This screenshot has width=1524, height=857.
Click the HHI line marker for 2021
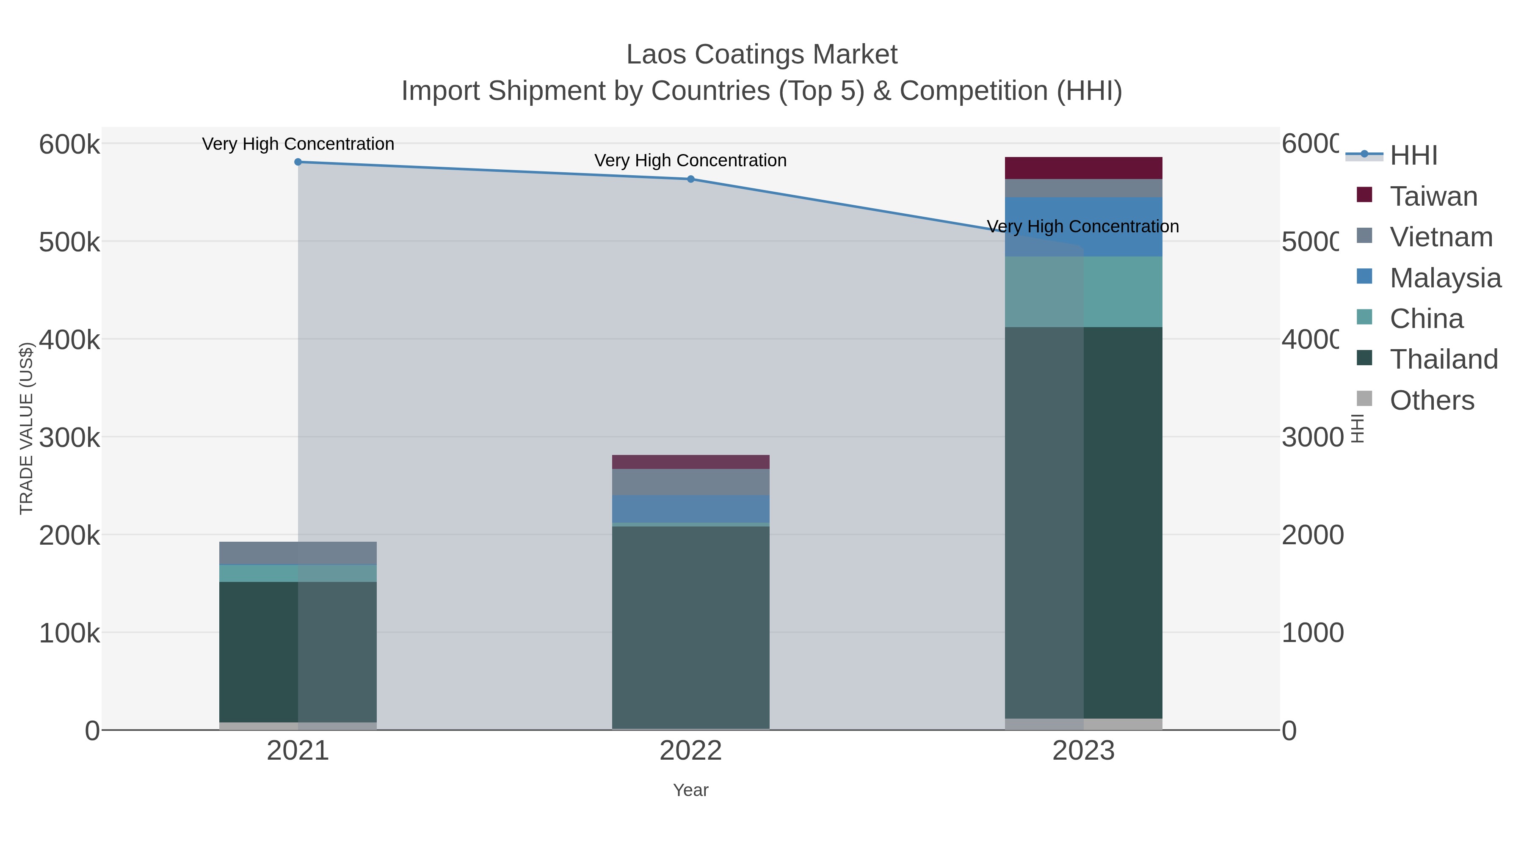point(298,162)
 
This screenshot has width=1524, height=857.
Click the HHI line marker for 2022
point(690,179)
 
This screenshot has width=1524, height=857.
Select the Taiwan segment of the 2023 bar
point(1083,168)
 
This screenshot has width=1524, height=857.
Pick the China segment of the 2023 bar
point(1083,292)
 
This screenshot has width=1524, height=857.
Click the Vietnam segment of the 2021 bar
point(298,553)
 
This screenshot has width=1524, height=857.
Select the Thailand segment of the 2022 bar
point(690,627)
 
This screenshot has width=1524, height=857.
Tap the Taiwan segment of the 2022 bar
point(690,462)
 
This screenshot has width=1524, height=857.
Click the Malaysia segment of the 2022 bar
point(690,509)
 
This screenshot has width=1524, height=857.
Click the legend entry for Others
point(1432,400)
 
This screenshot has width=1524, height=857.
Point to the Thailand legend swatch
point(1364,358)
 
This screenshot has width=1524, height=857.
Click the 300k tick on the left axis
point(69,438)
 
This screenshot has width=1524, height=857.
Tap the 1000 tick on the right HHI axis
point(1312,633)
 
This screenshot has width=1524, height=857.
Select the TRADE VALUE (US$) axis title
point(27,428)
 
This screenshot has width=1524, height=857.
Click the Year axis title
point(690,790)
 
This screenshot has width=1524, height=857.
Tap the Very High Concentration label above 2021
point(298,144)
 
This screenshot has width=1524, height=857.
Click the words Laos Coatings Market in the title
point(762,55)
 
